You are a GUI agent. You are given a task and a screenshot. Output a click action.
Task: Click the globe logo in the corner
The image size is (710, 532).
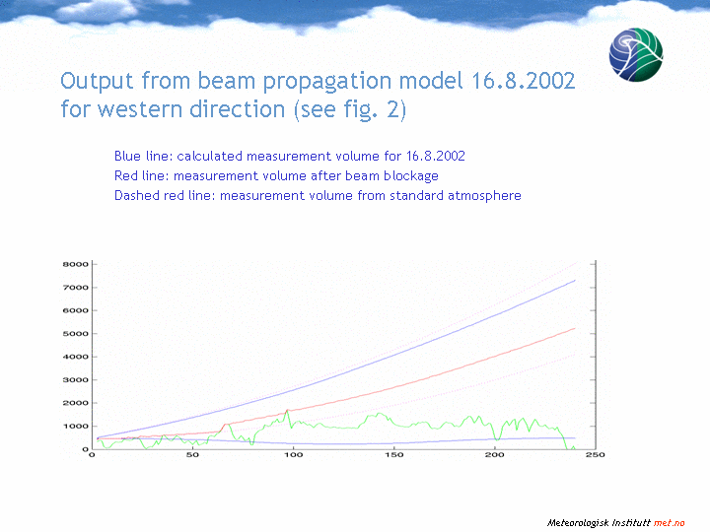pos(636,55)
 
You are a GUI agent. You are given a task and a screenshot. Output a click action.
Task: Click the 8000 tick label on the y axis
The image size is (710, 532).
pos(75,264)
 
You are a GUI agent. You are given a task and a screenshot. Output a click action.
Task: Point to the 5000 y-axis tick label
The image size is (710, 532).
pos(75,333)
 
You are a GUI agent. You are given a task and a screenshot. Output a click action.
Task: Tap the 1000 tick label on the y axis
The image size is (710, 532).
pos(75,426)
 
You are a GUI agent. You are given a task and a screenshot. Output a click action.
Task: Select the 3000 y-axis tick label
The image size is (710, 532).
pos(75,379)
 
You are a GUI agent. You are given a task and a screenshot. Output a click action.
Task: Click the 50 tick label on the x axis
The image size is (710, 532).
pos(192,454)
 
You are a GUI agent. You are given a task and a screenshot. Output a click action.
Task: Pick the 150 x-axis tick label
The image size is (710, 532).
pos(393,454)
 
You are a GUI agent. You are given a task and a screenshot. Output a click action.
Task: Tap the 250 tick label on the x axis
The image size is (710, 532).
pos(595,454)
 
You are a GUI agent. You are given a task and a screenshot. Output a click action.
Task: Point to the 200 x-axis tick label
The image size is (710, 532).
pos(494,454)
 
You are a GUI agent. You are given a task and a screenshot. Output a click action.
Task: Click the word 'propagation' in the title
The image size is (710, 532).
pos(327,82)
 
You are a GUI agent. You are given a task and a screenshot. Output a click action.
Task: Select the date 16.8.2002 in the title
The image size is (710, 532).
pos(523,81)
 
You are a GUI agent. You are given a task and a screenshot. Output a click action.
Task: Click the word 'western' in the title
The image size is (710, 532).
pos(140,109)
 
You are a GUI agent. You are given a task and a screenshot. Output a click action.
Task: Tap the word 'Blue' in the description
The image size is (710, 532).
pos(127,156)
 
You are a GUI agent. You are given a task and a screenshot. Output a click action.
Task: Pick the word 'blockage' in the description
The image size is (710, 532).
pos(410,176)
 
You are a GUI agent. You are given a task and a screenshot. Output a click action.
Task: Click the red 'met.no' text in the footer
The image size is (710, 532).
pos(669,523)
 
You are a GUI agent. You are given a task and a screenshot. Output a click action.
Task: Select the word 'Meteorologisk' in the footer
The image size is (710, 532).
pos(578,523)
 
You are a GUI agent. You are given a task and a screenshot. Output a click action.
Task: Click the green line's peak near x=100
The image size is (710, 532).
pos(287,410)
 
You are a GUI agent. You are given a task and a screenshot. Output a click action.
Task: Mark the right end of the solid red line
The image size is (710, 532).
pos(575,328)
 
